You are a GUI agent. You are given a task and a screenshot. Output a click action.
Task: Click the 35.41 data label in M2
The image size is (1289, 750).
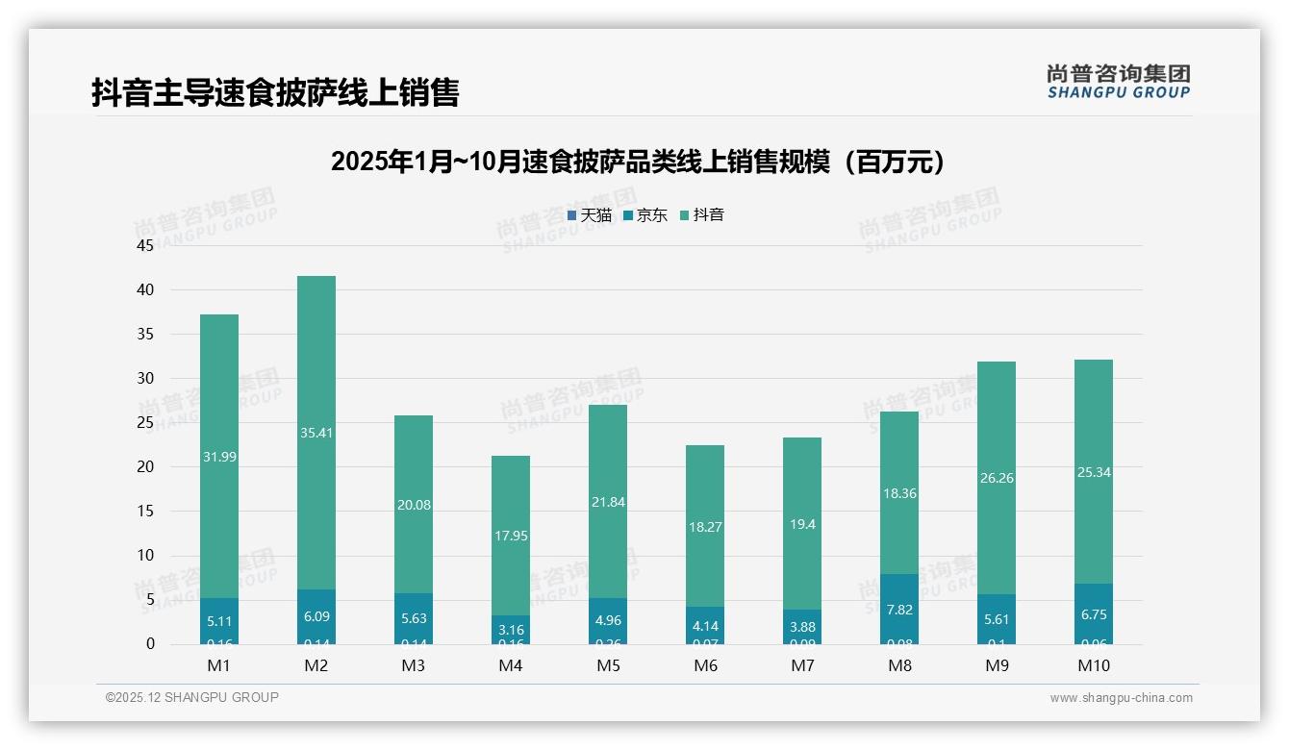tap(316, 433)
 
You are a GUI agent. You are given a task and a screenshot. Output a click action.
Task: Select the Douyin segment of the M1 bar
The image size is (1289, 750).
tap(219, 404)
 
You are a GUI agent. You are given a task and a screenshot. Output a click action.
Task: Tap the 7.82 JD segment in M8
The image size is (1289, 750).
tap(899, 610)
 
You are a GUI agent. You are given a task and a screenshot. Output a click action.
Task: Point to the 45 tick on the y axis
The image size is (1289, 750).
tap(145, 245)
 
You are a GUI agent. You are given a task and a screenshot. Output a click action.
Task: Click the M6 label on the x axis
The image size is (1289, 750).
tap(705, 665)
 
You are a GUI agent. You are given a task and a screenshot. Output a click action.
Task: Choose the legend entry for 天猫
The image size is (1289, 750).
tap(590, 215)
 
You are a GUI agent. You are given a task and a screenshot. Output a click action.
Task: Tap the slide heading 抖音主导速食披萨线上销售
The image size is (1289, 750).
tap(275, 92)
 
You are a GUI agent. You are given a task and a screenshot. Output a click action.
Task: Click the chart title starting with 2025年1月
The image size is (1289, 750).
tap(639, 162)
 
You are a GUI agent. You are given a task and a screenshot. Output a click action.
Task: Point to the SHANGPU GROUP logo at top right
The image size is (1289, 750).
tap(1118, 82)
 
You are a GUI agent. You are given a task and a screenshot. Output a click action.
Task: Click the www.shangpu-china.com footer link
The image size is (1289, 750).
tap(1121, 698)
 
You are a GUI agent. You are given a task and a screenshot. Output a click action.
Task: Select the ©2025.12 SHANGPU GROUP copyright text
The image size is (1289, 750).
tap(192, 698)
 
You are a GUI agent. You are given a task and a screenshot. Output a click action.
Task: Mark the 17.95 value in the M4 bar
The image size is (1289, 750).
tap(511, 536)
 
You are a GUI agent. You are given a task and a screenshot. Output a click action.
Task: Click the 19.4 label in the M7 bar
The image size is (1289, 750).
tap(802, 523)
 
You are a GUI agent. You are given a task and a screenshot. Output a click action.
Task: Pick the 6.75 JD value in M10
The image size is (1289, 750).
tap(1094, 614)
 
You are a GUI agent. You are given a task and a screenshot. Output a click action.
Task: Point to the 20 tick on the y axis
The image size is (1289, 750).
tap(145, 467)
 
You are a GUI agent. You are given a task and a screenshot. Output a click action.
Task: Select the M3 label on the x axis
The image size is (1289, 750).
tap(414, 665)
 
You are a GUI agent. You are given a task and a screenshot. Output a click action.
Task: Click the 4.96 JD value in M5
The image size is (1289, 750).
tap(608, 621)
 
